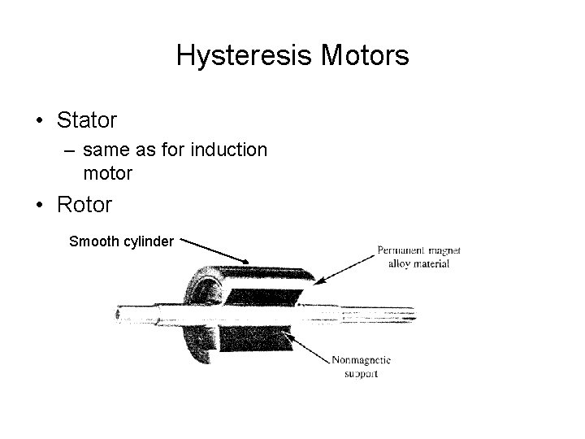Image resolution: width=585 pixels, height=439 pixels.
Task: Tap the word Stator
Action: [x=87, y=120]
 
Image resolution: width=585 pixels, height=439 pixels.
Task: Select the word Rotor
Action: [x=84, y=204]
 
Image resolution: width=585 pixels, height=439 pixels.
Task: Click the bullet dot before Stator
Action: [x=39, y=121]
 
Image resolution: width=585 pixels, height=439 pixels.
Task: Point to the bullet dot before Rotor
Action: [x=39, y=205]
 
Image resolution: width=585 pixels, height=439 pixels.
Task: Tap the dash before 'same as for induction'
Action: [x=69, y=150]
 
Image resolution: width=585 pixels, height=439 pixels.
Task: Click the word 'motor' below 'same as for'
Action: [x=106, y=172]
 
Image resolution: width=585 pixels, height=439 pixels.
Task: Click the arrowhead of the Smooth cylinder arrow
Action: [x=247, y=261]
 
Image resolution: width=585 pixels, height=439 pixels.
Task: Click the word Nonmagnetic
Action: [x=360, y=360]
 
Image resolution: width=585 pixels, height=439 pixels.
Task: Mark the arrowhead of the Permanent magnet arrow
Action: [x=318, y=281]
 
